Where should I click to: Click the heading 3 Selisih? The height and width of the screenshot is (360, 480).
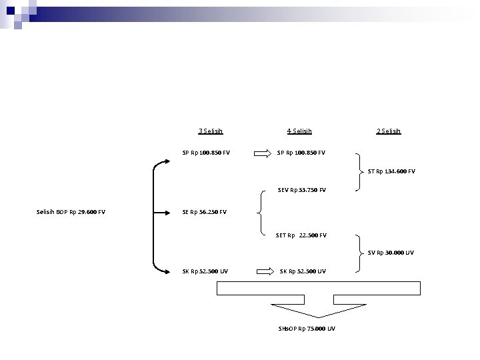[211, 131]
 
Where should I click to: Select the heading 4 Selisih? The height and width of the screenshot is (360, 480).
[299, 131]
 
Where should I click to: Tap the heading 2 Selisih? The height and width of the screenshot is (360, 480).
[389, 131]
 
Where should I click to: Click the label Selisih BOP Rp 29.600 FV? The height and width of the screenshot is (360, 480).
[70, 213]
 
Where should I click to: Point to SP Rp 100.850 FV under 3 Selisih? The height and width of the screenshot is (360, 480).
[206, 153]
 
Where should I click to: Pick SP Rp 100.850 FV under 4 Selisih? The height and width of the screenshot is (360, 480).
[301, 153]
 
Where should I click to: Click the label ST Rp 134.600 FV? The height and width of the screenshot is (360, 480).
[391, 171]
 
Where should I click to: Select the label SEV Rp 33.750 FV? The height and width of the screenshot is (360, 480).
[302, 190]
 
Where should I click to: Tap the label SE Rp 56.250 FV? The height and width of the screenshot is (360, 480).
[204, 213]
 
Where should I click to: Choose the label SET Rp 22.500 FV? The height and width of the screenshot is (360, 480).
[301, 235]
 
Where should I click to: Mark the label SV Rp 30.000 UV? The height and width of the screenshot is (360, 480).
[391, 253]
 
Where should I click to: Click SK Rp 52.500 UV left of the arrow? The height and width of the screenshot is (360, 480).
[205, 271]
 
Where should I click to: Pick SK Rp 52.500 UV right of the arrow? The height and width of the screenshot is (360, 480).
[303, 271]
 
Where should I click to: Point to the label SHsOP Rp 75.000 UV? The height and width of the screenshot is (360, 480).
[306, 329]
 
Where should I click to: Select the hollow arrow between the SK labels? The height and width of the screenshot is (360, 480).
[264, 271]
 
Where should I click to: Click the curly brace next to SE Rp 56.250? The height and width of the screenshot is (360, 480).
[259, 213]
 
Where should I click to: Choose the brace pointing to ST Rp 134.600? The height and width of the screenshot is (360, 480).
[361, 171]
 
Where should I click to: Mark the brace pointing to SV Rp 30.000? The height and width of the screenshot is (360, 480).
[361, 253]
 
